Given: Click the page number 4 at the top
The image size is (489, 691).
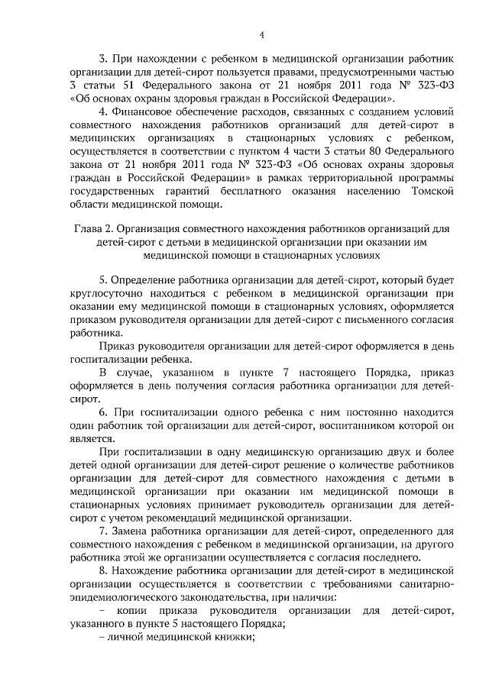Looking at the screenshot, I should pos(261,34).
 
